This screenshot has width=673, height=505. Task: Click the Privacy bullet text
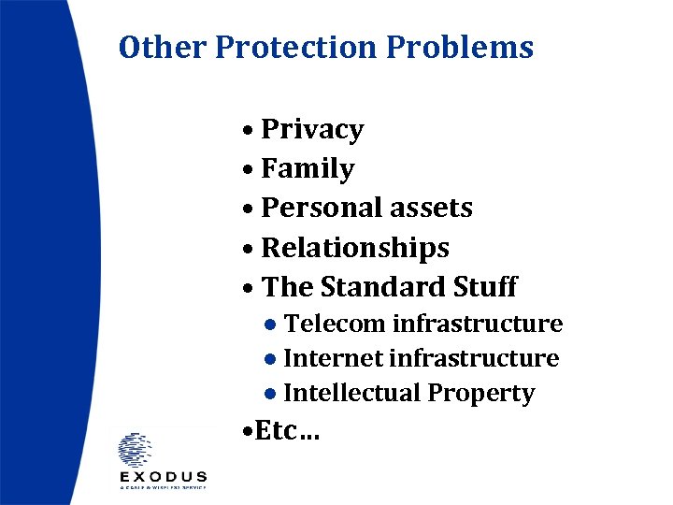pyautogui.click(x=312, y=129)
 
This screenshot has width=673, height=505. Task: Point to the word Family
pyautogui.click(x=308, y=169)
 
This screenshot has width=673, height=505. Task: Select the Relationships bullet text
pyautogui.click(x=355, y=248)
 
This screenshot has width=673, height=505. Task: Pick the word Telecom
pyautogui.click(x=335, y=325)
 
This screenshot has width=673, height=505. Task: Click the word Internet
pyautogui.click(x=332, y=358)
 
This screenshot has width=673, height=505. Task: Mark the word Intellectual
pyautogui.click(x=351, y=394)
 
